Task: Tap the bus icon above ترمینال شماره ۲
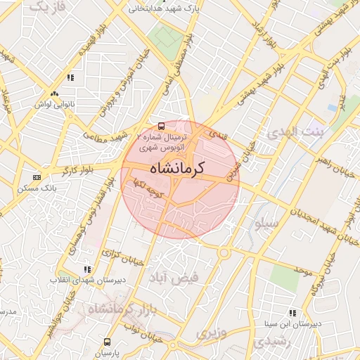161,126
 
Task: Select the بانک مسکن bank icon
37,177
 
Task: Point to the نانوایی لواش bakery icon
54,93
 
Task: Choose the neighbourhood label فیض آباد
173,278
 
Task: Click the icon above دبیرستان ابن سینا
292,313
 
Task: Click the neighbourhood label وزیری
212,333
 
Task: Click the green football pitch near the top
167,34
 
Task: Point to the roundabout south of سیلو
225,252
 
